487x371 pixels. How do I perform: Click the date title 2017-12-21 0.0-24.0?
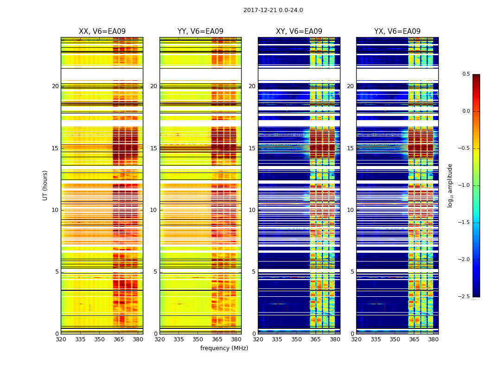tap(273, 10)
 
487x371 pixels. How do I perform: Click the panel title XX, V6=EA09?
tap(102, 32)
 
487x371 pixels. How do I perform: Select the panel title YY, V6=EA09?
tap(200, 32)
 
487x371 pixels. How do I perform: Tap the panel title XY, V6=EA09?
tap(299, 32)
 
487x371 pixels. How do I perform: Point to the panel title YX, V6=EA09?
tap(397, 32)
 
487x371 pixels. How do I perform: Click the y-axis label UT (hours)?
tap(45, 185)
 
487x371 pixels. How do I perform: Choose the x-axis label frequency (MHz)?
tap(224, 348)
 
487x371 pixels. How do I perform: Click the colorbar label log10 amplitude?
tap(449, 185)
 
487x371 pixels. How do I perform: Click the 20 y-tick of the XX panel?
tap(55, 86)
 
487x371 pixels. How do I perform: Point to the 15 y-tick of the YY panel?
tap(154, 148)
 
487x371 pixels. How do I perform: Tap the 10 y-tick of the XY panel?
tap(252, 210)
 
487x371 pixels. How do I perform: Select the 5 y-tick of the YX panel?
tap(352, 272)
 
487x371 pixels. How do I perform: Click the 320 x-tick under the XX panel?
tap(61, 339)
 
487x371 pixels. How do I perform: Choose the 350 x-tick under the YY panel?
tap(198, 339)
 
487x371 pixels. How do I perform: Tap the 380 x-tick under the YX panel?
tap(433, 339)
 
